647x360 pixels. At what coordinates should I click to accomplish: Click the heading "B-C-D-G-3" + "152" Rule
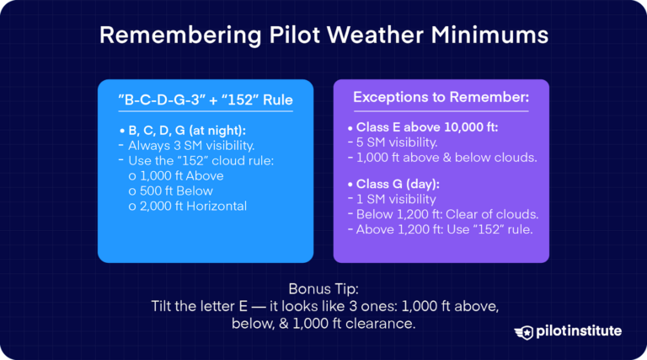coord(206,100)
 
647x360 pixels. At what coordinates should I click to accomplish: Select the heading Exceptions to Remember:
coord(441,98)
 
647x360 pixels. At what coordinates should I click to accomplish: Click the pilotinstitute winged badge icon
coord(527,331)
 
